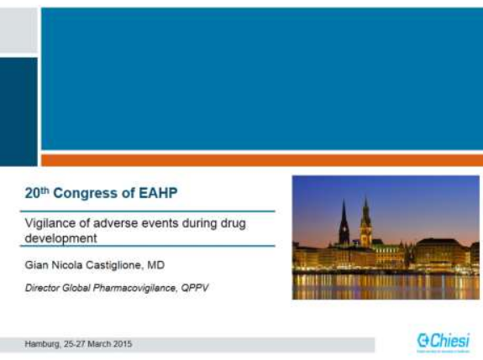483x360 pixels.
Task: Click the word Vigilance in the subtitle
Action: (x=47, y=223)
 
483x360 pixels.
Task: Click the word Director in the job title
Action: (x=44, y=288)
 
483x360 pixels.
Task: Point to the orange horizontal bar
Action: (x=261, y=159)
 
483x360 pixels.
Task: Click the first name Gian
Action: (x=35, y=265)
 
